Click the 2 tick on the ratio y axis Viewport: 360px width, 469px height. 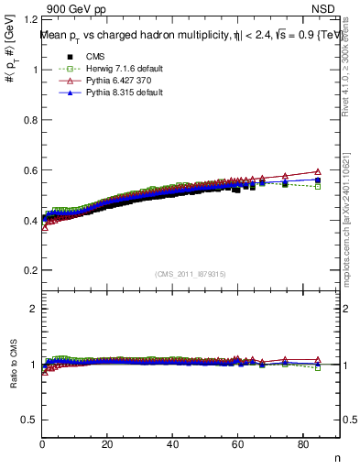[x=34, y=309]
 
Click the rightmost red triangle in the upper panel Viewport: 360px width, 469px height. [x=318, y=171]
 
